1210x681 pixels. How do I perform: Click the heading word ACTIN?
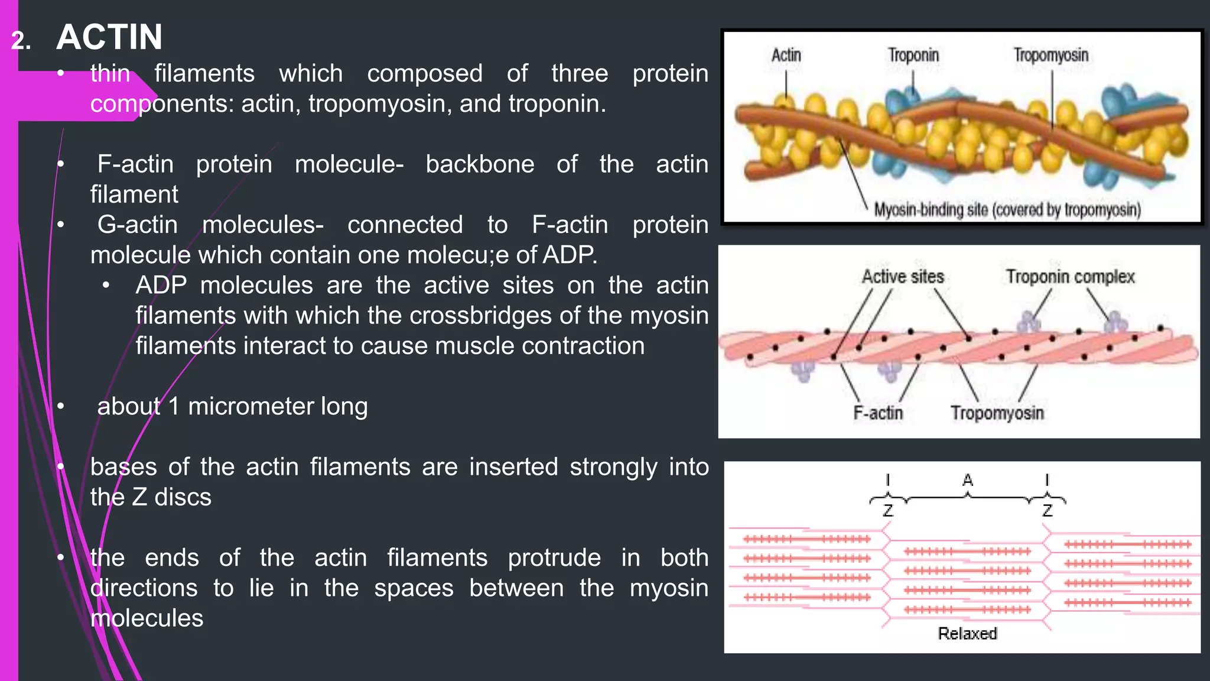click(x=109, y=37)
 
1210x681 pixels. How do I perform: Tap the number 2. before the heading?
click(x=21, y=41)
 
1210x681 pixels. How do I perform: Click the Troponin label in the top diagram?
click(x=913, y=56)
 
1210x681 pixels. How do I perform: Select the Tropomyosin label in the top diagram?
click(x=1050, y=56)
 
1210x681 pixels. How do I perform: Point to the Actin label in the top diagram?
click(x=786, y=56)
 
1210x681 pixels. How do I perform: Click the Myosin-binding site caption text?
click(x=1007, y=210)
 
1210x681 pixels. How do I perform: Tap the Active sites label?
click(x=902, y=277)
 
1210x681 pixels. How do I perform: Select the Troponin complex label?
click(x=1070, y=277)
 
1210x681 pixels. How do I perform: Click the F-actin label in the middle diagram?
click(x=878, y=413)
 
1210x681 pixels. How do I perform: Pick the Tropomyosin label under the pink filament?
click(x=997, y=413)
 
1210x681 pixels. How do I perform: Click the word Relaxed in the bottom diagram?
click(x=967, y=634)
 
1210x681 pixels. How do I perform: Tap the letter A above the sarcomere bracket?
click(x=967, y=480)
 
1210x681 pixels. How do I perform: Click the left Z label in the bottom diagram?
click(x=887, y=510)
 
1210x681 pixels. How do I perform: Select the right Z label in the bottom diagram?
click(x=1048, y=510)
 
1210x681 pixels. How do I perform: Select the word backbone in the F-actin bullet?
click(x=480, y=164)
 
